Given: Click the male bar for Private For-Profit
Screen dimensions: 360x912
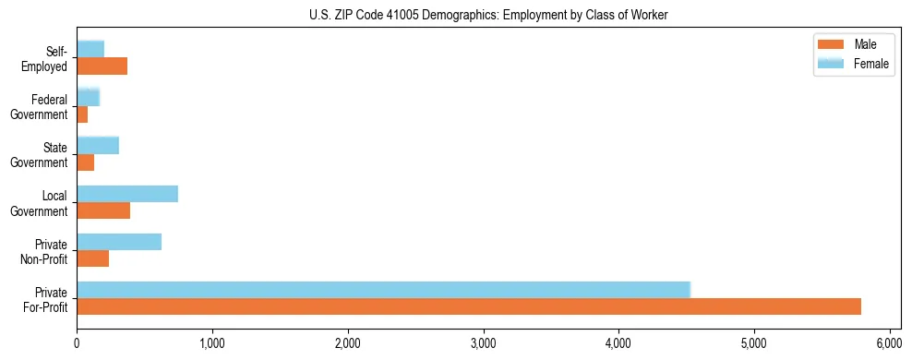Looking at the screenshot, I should coord(469,306).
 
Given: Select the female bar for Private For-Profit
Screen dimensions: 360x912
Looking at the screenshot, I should coord(383,290).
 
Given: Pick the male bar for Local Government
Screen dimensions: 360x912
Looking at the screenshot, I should coord(103,210).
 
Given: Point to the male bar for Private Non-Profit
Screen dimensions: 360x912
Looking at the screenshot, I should coord(93,258).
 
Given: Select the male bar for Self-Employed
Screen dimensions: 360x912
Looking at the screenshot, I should coord(102,66).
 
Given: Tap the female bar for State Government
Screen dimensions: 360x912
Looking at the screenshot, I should coord(98,146).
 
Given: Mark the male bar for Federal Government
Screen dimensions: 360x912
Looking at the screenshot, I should coord(82,114).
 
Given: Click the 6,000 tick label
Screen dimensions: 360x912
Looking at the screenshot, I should coord(890,342).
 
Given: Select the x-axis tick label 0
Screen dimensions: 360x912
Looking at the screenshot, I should coord(77,342).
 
